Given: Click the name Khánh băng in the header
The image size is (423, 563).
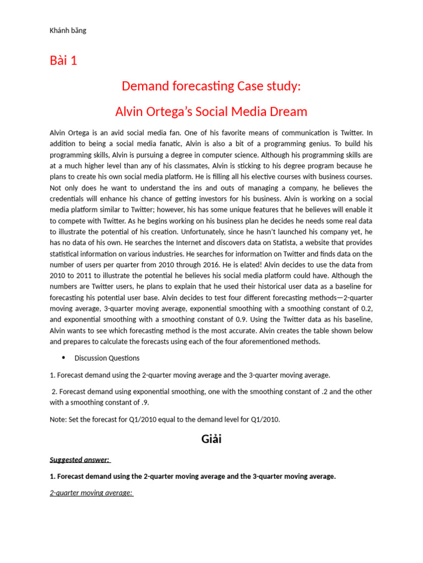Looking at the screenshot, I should click(x=68, y=30).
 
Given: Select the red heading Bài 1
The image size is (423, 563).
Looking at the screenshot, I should click(x=63, y=60).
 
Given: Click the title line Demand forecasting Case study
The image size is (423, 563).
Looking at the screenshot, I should click(x=211, y=86).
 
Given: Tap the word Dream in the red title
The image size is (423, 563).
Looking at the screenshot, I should click(x=287, y=112).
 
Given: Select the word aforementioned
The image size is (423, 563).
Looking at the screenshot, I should click(x=274, y=341).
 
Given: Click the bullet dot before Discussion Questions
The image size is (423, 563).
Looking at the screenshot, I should click(x=63, y=358).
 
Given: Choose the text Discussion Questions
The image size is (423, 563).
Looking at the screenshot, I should click(x=107, y=358).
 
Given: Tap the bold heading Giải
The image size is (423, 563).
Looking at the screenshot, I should click(x=211, y=439).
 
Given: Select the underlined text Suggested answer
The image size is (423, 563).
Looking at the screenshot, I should click(x=79, y=460).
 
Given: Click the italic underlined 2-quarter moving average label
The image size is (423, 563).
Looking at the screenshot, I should click(x=91, y=493).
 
